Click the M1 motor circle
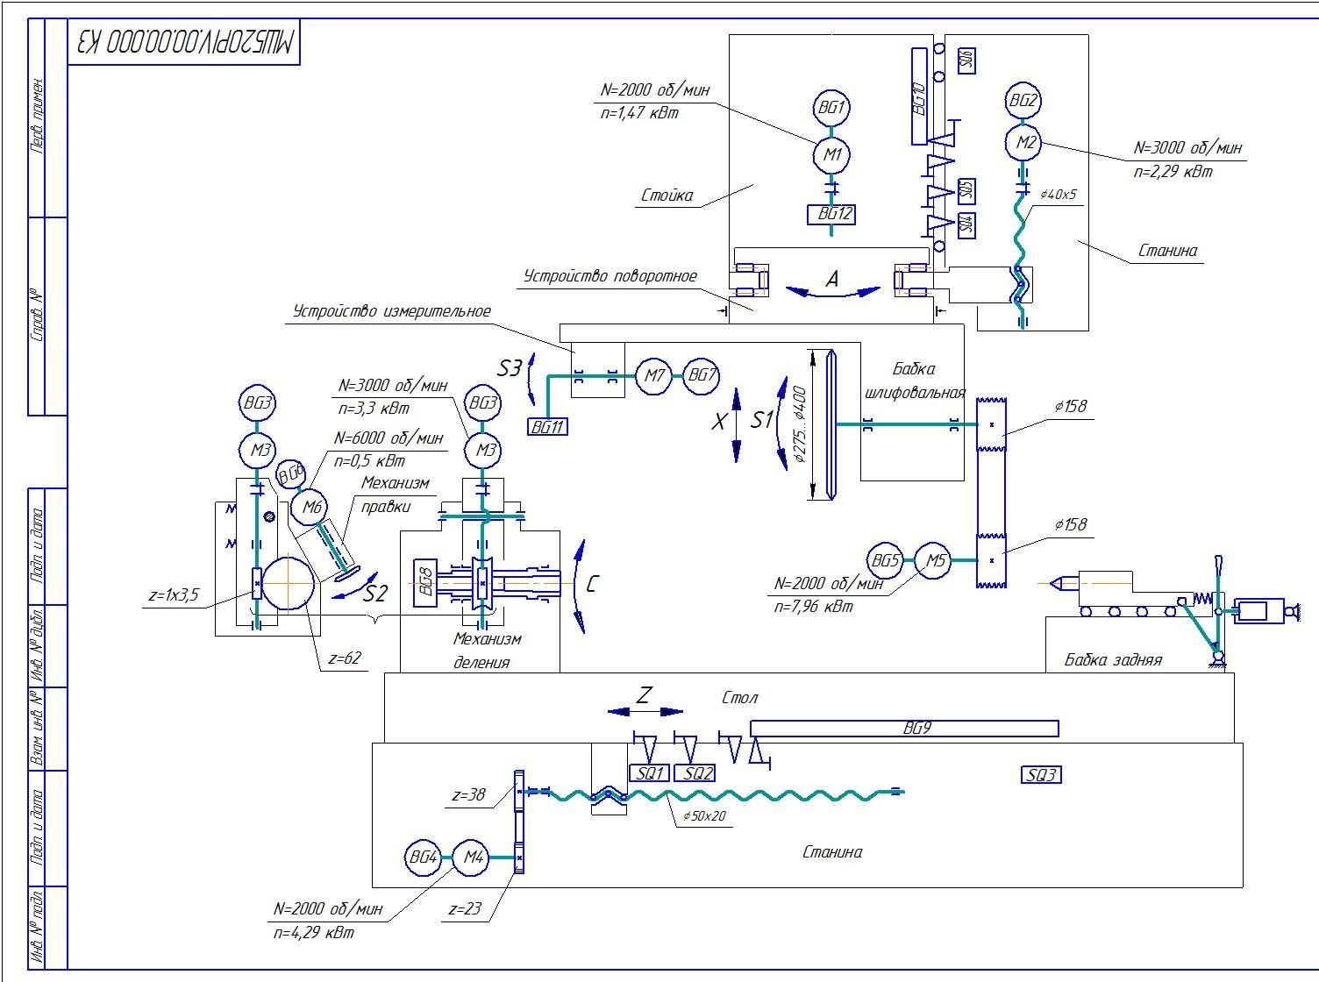click(831, 155)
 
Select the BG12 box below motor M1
click(831, 213)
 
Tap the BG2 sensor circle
click(1023, 101)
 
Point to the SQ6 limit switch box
click(966, 60)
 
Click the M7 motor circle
click(652, 376)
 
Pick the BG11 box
click(548, 427)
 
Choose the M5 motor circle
click(935, 560)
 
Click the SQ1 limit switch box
click(650, 773)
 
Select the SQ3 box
click(1041, 774)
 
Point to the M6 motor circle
click(313, 507)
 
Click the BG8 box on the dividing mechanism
click(425, 580)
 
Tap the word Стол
click(739, 698)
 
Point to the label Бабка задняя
click(1113, 659)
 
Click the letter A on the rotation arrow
click(832, 279)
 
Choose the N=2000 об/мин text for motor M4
click(328, 909)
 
